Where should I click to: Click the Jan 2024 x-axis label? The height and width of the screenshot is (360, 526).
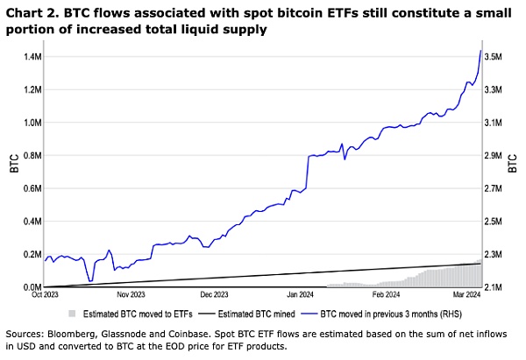coord(300,296)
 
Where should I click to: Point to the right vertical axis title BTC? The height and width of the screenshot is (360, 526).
coord(515,164)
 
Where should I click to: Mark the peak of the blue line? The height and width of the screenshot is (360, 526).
coord(480,50)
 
